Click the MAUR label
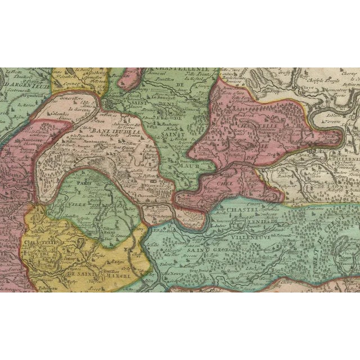coord(190,166)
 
